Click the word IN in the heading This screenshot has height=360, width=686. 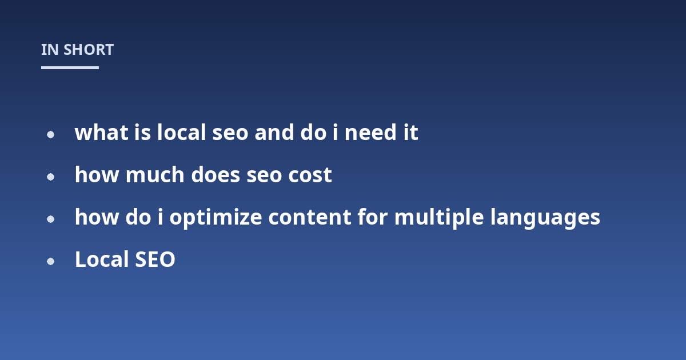point(50,50)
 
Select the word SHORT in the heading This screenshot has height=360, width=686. point(89,50)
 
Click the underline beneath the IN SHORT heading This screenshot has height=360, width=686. point(70,67)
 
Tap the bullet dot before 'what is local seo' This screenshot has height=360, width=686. point(50,134)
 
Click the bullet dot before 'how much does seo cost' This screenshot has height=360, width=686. point(50,177)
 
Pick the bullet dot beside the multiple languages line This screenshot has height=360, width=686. point(50,219)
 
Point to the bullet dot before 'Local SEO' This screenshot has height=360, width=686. point(50,262)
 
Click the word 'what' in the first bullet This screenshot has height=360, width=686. point(101,132)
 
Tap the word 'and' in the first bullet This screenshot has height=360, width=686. point(274,132)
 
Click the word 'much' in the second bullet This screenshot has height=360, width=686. point(155,174)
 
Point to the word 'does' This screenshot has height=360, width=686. point(216,174)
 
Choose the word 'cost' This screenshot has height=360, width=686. point(310,175)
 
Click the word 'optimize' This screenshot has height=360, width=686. point(216,218)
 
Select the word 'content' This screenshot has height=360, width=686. point(310,217)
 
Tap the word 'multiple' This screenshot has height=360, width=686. point(439,218)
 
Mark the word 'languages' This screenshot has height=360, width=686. point(545,218)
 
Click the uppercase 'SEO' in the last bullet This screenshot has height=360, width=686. point(155,259)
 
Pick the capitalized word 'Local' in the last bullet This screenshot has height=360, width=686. point(102,259)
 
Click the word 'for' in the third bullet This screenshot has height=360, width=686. point(373,217)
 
